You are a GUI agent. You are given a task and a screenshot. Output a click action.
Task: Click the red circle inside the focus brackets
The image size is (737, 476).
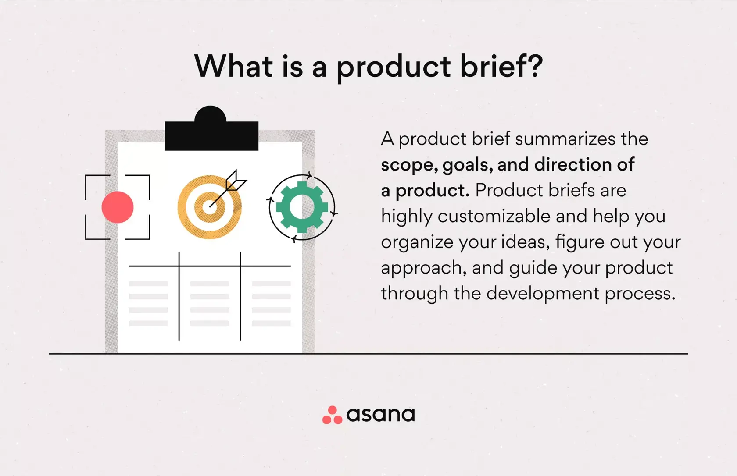click(118, 207)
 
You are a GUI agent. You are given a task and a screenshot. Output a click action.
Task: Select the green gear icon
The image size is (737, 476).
click(302, 207)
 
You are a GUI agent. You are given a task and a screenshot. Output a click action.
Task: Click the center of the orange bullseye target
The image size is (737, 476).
click(210, 207)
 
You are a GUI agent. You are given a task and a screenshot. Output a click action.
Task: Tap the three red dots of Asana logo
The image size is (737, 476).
click(332, 415)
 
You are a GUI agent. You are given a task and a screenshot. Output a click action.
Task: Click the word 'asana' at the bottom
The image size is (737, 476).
click(380, 415)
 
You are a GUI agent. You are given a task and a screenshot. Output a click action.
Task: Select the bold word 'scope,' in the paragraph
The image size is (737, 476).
click(409, 165)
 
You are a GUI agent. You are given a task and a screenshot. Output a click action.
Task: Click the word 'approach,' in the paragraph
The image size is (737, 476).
click(423, 268)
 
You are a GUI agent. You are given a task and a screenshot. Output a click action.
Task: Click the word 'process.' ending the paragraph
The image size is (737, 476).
click(640, 294)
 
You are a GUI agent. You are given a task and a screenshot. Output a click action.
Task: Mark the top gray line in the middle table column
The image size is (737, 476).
click(210, 283)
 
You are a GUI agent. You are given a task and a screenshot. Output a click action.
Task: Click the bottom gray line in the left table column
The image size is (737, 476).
click(148, 323)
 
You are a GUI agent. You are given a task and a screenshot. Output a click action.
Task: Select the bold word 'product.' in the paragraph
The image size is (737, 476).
click(432, 191)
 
